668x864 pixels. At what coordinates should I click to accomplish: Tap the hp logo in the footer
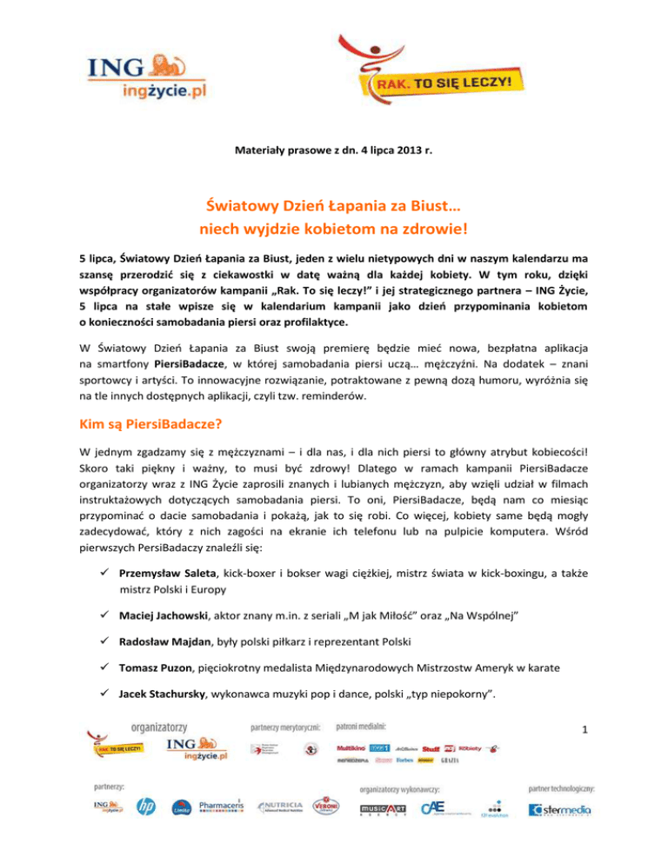145,808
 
